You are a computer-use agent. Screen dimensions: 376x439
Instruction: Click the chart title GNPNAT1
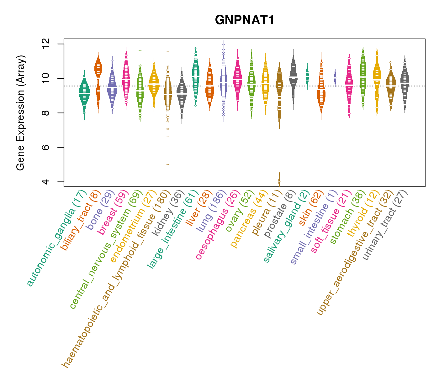pyautogui.click(x=245, y=20)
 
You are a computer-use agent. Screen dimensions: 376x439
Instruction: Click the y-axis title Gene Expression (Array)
pyautogui.click(x=21, y=113)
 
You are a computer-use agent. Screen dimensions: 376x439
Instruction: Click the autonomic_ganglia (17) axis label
pyautogui.click(x=56, y=238)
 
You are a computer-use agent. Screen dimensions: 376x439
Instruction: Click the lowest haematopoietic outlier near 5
pyautogui.click(x=168, y=164)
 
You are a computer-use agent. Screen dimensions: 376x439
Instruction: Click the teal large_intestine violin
pyautogui.click(x=196, y=75)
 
